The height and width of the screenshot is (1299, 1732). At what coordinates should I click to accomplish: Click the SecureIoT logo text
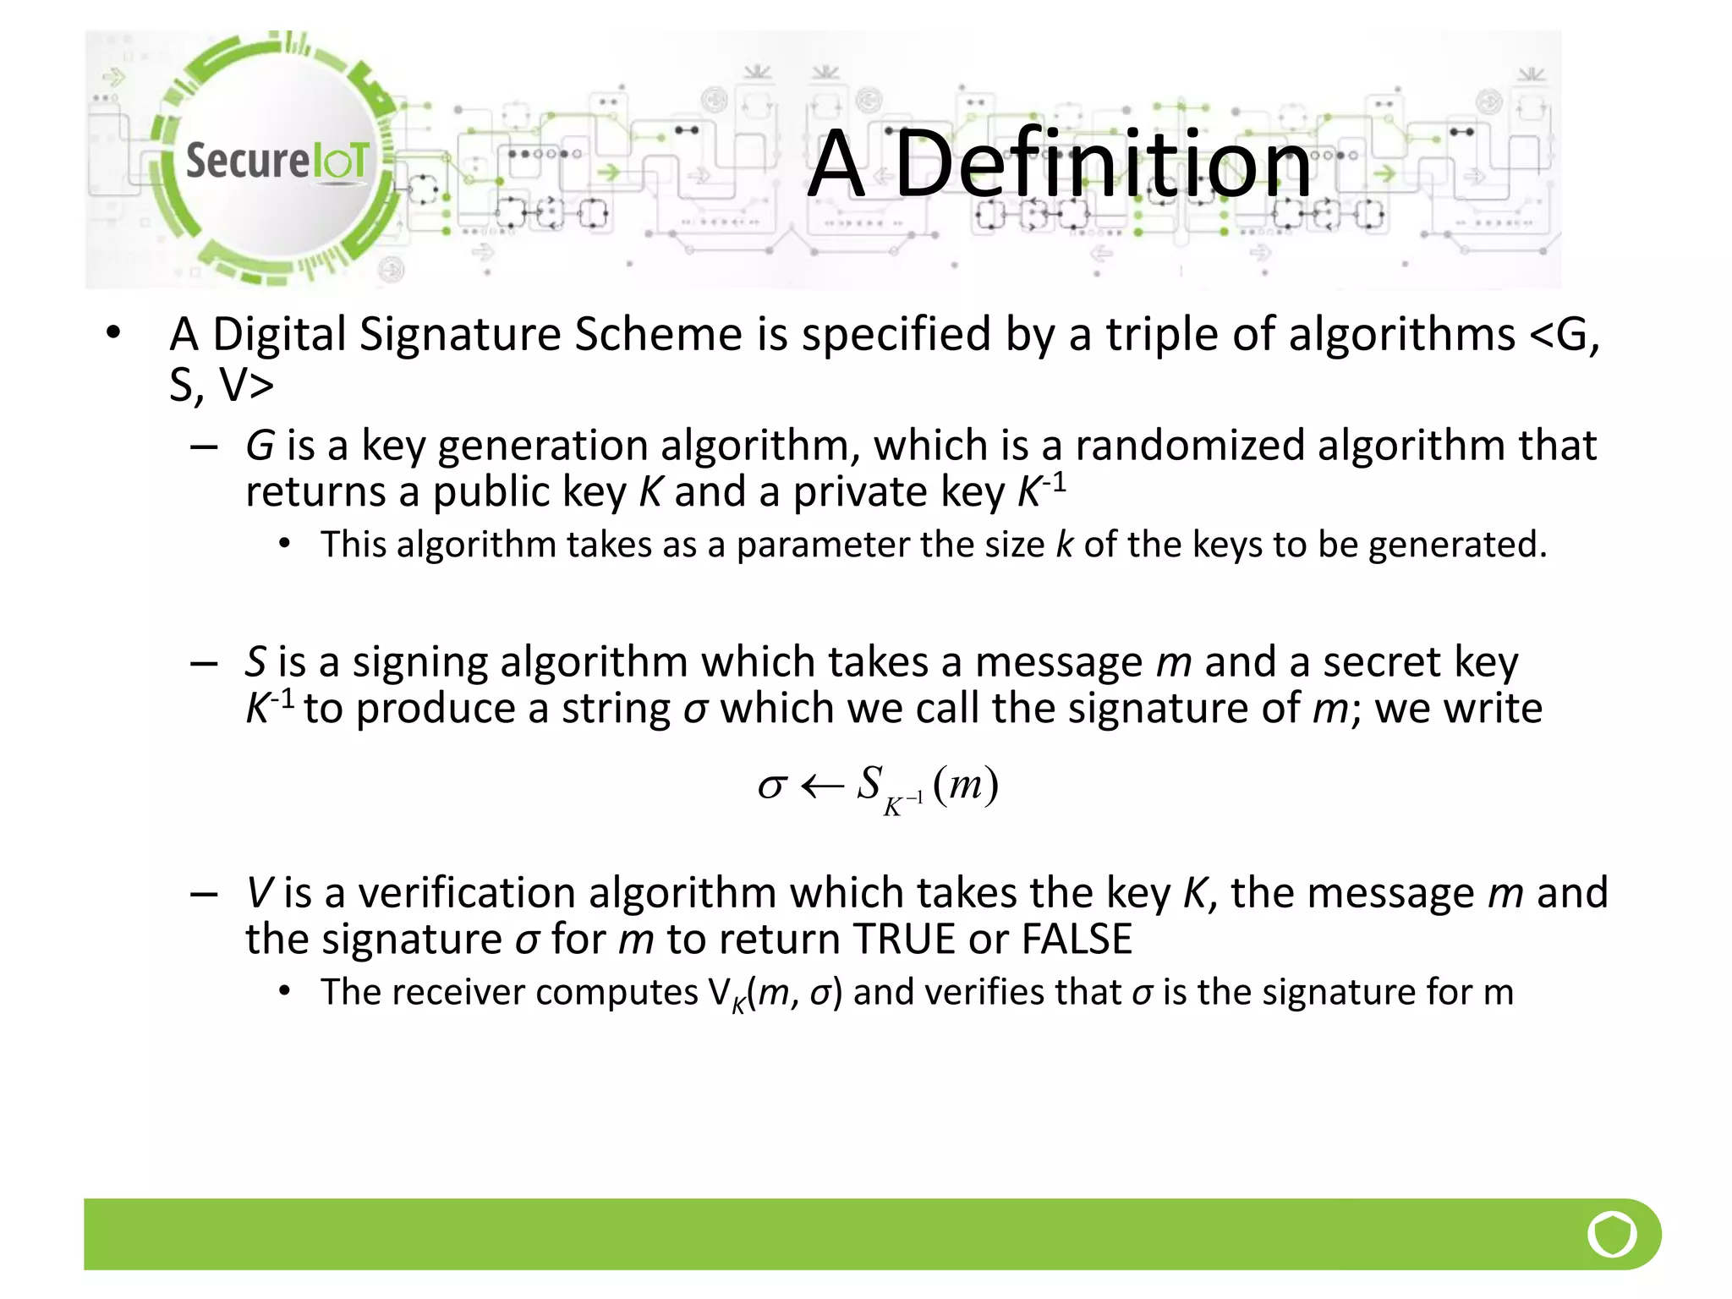[277, 160]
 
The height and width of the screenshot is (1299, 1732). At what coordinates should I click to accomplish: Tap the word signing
[419, 662]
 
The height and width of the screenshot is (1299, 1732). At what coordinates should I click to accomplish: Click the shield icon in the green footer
[1612, 1234]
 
